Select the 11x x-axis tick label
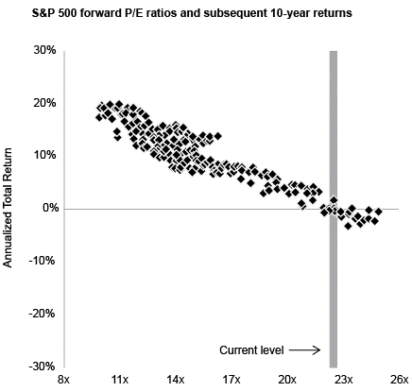[120, 380]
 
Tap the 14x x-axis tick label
[176, 380]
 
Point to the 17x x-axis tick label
[232, 380]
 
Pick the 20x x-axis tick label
[287, 380]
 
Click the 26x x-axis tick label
[399, 380]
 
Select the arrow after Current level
[305, 350]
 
